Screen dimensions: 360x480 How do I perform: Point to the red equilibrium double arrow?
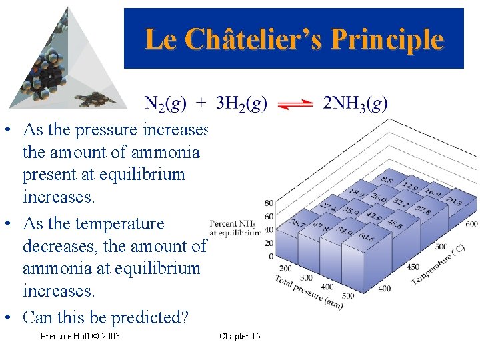click(295, 105)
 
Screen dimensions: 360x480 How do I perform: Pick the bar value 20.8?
click(453, 201)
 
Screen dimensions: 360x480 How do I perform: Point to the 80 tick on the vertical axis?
click(268, 203)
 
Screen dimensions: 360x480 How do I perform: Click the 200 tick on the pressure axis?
click(285, 268)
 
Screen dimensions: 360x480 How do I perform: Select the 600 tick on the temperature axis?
click(471, 224)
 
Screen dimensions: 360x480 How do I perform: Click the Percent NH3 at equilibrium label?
click(235, 227)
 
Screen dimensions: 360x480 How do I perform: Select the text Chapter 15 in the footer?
click(239, 336)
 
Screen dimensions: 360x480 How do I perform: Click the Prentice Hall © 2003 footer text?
click(80, 336)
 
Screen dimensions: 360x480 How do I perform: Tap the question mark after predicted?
click(184, 317)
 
